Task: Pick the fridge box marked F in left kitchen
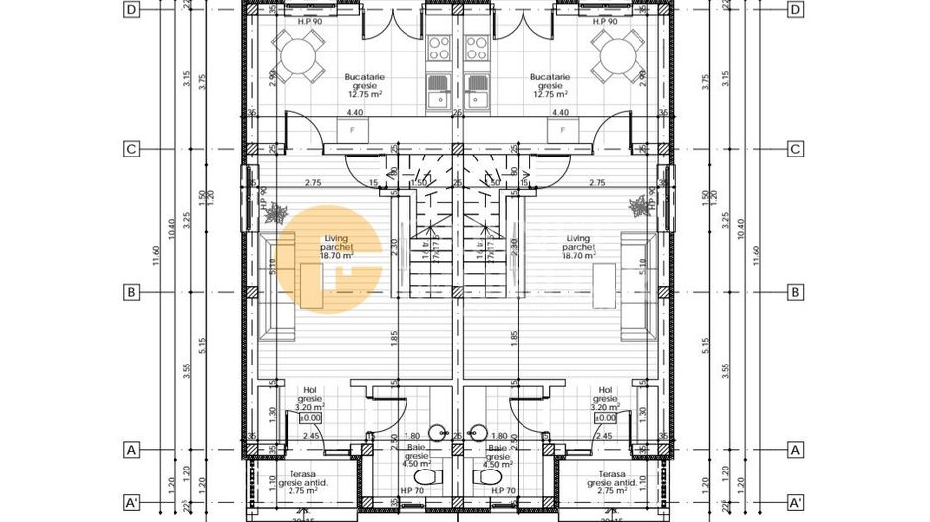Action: click(351, 130)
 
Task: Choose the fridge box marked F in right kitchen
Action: click(563, 130)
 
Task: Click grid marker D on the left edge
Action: click(130, 10)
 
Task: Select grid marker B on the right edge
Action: click(794, 293)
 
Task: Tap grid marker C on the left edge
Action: click(130, 150)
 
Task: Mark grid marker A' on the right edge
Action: click(794, 501)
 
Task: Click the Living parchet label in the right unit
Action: click(579, 247)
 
